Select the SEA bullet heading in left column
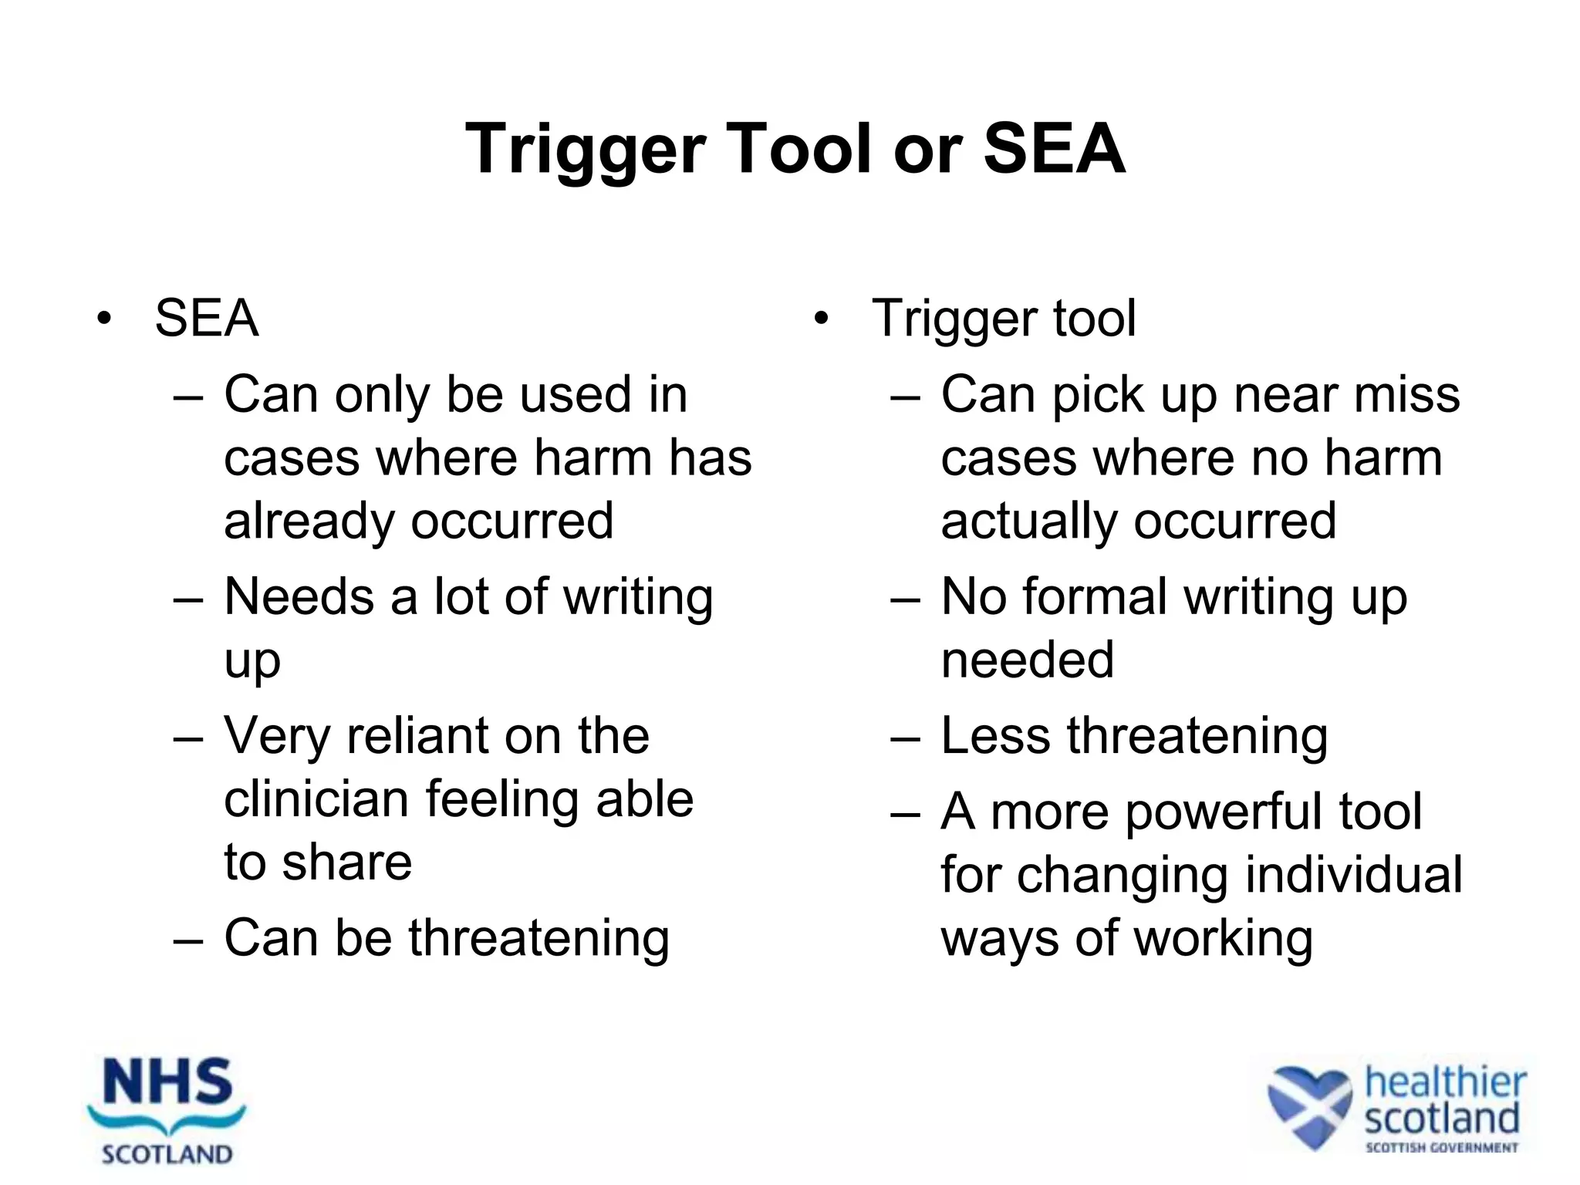[x=206, y=318]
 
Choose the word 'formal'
[x=1093, y=597]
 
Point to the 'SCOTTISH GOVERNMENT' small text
[x=1441, y=1148]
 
